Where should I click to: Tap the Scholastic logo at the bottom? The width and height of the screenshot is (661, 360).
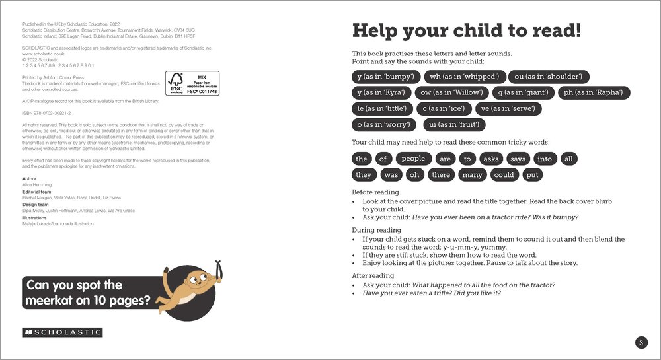(x=63, y=332)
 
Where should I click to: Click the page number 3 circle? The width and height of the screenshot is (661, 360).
(x=641, y=342)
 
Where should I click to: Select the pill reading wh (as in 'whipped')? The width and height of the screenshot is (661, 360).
(x=465, y=77)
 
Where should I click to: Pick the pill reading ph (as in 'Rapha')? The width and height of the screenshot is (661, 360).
(x=594, y=92)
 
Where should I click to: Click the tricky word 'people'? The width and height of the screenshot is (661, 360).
(x=413, y=159)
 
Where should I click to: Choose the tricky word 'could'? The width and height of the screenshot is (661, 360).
(x=504, y=175)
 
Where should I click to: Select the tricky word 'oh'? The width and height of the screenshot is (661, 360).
(x=414, y=175)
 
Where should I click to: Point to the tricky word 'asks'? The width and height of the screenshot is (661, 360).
(x=491, y=159)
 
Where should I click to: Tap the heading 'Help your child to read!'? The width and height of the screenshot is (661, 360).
(x=467, y=31)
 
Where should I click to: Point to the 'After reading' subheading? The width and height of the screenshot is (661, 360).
(x=373, y=275)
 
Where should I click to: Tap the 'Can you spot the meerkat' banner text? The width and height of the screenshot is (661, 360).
(x=87, y=293)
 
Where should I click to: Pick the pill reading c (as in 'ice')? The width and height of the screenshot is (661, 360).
(x=444, y=108)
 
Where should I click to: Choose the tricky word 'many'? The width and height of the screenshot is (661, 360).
(x=472, y=175)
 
